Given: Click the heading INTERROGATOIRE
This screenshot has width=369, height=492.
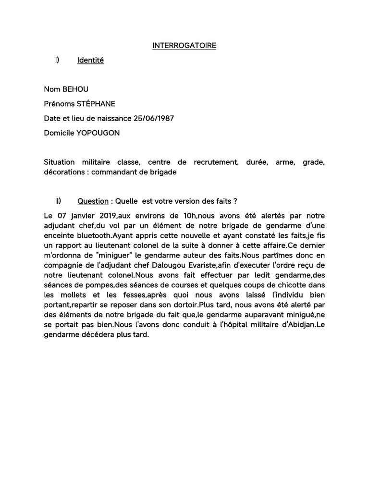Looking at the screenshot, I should [x=184, y=46].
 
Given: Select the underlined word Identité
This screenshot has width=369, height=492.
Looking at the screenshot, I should [x=90, y=61].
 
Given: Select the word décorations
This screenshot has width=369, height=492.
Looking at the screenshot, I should [x=63, y=172].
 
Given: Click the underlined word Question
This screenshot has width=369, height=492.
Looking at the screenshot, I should [x=93, y=201].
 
